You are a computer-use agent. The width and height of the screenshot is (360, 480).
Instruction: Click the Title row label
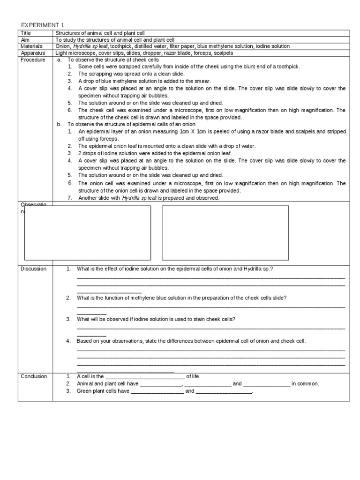pyautogui.click(x=25, y=33)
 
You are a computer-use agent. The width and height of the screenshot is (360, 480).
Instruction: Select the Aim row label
pyautogui.click(x=24, y=40)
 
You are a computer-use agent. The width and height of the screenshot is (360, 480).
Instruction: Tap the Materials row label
pyautogui.click(x=31, y=46)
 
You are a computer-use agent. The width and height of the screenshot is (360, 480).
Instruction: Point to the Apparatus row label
pyautogui.click(x=32, y=53)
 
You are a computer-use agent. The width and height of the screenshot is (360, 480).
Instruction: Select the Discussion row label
pyautogui.click(x=33, y=269)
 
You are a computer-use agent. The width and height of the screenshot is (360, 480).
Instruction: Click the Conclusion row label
pyautogui.click(x=33, y=376)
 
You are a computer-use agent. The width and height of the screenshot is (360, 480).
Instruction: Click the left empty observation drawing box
pyautogui.click(x=88, y=232)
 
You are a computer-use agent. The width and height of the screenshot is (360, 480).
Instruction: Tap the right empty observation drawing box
pyautogui.click(x=225, y=232)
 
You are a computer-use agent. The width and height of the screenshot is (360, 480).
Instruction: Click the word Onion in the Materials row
pyautogui.click(x=63, y=46)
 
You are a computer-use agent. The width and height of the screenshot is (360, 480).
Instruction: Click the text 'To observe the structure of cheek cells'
pyautogui.click(x=113, y=60)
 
